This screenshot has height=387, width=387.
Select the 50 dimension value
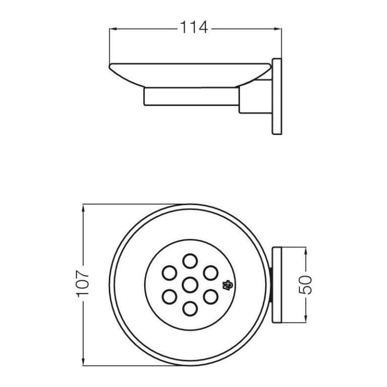point(305,285)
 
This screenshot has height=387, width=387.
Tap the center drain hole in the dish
point(190,285)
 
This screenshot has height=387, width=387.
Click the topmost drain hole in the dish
point(190,261)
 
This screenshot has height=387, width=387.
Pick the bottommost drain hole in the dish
point(190,309)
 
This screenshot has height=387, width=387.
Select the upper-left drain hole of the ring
point(169,273)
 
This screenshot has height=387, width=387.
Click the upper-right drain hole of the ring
point(211,273)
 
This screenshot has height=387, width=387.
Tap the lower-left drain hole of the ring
point(169,297)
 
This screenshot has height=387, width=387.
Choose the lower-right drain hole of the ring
point(211,297)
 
